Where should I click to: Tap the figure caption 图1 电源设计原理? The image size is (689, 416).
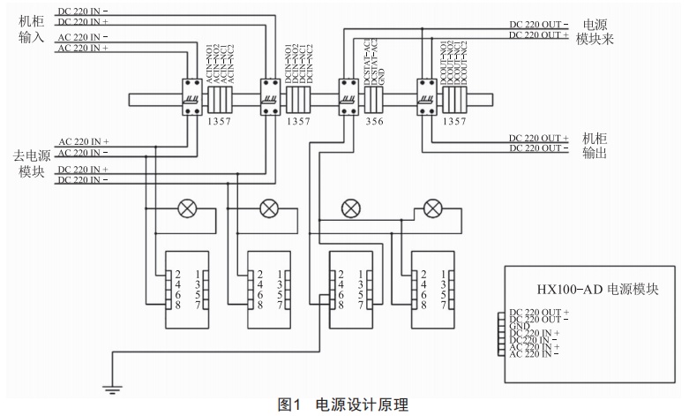click(344, 405)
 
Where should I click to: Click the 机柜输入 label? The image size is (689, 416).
click(31, 34)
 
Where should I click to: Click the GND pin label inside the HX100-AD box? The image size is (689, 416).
click(520, 325)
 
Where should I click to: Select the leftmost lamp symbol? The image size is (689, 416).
click(188, 208)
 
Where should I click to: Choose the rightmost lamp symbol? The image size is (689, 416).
click(432, 208)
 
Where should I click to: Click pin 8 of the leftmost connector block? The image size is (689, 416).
click(178, 305)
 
